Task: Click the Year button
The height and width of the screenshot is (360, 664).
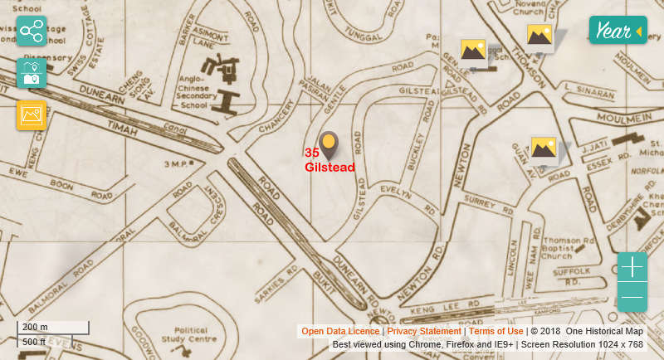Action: (618, 32)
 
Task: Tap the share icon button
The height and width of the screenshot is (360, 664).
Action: (32, 32)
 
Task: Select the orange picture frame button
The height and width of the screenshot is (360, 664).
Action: (32, 115)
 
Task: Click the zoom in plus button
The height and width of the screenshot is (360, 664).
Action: (632, 267)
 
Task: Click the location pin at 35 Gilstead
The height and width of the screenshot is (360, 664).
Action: (330, 144)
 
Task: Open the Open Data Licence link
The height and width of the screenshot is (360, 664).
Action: (340, 331)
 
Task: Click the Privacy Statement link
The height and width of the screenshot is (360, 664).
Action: (423, 331)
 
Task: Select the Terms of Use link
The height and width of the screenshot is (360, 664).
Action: (496, 331)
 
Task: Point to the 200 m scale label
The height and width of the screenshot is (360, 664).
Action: (35, 327)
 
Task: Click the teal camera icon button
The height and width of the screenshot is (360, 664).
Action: (32, 74)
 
